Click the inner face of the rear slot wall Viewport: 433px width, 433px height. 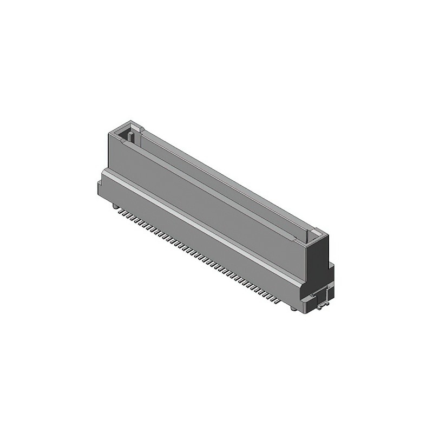227,184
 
